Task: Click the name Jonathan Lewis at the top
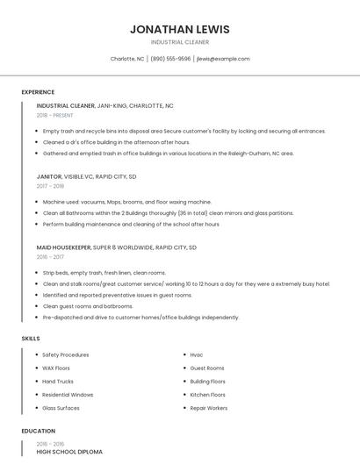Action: click(179, 29)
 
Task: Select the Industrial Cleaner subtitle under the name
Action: click(179, 42)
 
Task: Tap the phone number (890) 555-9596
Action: click(170, 59)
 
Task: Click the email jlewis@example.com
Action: click(223, 59)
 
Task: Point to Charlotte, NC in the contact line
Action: click(127, 59)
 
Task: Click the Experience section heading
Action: click(38, 92)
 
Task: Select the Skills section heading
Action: click(31, 338)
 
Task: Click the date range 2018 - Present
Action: click(54, 115)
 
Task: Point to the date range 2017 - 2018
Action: click(50, 186)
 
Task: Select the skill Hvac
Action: click(197, 354)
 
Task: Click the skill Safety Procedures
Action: click(65, 354)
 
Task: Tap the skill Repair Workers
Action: click(209, 408)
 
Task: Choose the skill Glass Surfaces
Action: click(61, 408)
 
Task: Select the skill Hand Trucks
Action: click(58, 382)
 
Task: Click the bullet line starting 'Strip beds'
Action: click(104, 273)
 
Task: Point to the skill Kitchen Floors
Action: click(208, 395)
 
